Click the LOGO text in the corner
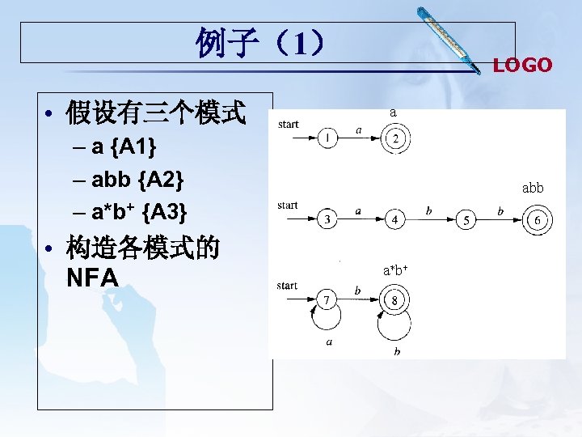coord(522,66)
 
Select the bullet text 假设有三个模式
coord(156,112)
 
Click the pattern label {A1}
coord(137,147)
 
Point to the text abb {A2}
coord(137,180)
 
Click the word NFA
coord(93,278)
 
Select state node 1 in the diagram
coord(327,139)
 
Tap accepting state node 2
coord(395,139)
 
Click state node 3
coord(327,219)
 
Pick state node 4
coord(394,219)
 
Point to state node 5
coord(466,219)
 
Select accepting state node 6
coord(538,219)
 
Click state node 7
coord(327,301)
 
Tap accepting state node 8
coord(394,301)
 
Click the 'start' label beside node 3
coord(287,206)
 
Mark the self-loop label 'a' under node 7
coord(329,342)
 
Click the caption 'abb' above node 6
coord(533,188)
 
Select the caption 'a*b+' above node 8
coord(394,270)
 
